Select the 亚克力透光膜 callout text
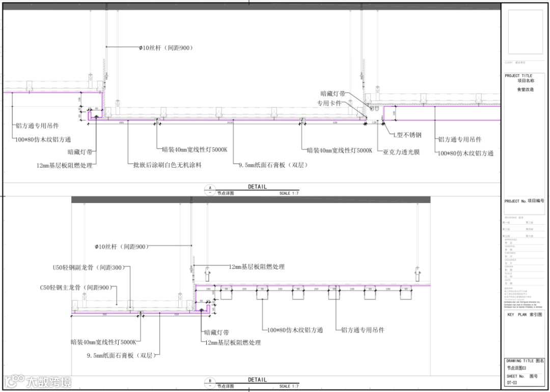(x=401, y=152)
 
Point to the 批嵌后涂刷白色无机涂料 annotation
(x=167, y=165)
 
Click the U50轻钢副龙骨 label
(x=88, y=267)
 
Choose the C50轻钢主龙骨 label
(x=75, y=288)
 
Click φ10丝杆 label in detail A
(x=166, y=48)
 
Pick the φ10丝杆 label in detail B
(x=121, y=247)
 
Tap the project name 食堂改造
(x=526, y=89)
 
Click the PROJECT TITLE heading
(x=518, y=76)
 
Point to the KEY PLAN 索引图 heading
(x=525, y=315)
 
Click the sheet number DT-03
(x=512, y=383)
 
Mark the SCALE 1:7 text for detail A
(x=289, y=193)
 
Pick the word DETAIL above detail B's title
(x=257, y=380)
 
